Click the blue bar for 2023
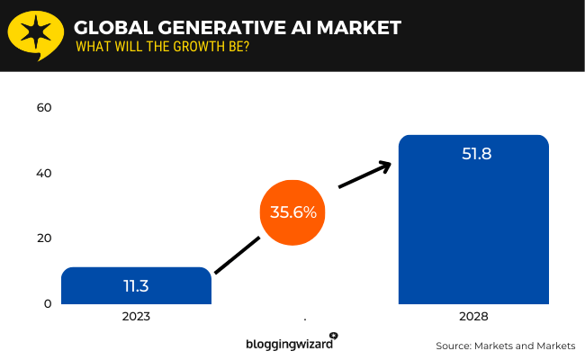[136, 286]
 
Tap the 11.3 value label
[136, 286]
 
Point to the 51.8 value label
[476, 154]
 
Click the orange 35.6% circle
[293, 212]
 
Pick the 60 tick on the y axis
[44, 108]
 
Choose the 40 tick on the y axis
[44, 173]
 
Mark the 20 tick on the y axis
[44, 238]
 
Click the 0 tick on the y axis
[48, 303]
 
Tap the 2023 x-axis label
[136, 318]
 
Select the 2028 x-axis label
[472, 318]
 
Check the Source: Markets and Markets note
[505, 346]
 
